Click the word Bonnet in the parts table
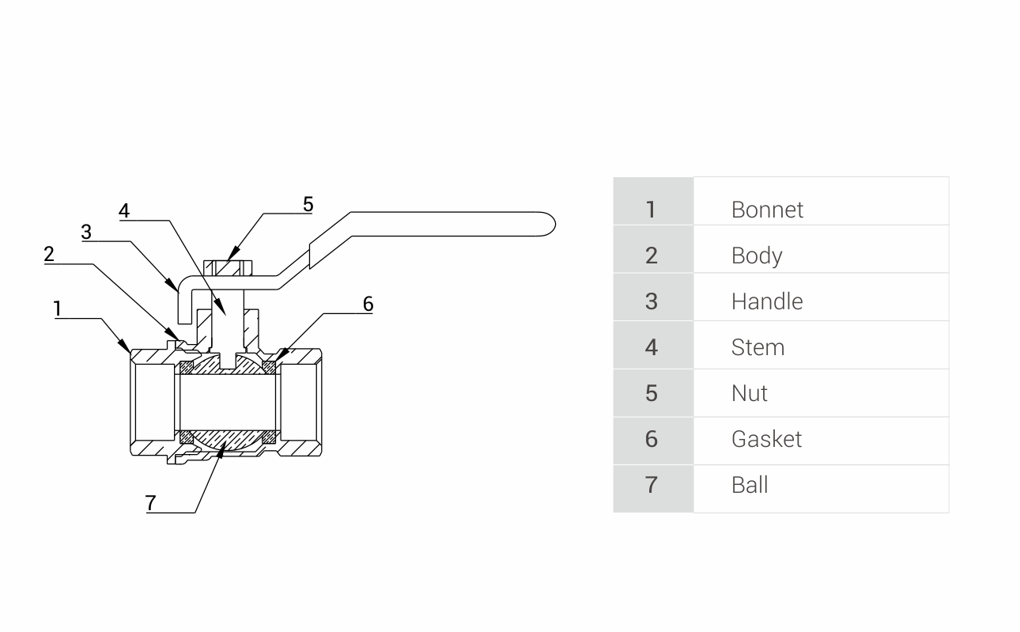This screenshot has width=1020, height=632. [x=767, y=210]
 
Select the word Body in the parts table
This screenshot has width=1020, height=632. [x=757, y=255]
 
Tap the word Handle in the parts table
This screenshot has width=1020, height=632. [x=767, y=301]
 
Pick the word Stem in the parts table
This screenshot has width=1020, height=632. [x=757, y=347]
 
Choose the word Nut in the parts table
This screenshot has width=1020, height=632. [x=749, y=393]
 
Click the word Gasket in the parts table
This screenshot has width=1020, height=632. [x=766, y=439]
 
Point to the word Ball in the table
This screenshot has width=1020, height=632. [x=749, y=485]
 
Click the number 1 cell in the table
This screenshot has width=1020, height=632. [x=651, y=210]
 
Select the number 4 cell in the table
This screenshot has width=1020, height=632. [x=651, y=347]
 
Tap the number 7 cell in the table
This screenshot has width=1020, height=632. [x=651, y=485]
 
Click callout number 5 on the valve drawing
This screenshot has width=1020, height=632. [x=308, y=204]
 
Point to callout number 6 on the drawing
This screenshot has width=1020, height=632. [x=368, y=304]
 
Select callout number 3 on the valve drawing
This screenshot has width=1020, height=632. [x=86, y=232]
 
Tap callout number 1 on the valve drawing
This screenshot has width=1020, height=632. [x=58, y=308]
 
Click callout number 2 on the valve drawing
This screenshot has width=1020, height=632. [x=49, y=254]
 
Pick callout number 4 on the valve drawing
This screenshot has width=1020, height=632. [x=124, y=210]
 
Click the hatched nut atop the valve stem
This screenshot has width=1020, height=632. [x=227, y=267]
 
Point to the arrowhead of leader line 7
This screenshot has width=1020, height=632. [x=223, y=448]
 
